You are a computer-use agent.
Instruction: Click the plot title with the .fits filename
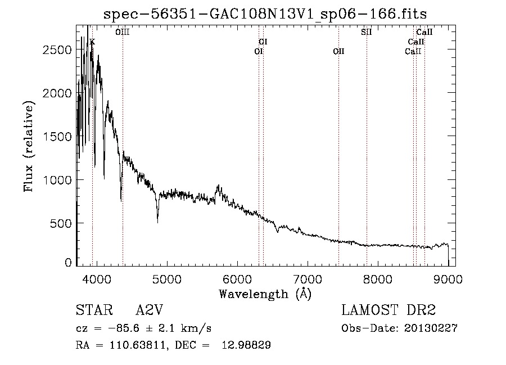tap(265, 14)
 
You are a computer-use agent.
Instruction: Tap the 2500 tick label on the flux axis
tap(57, 49)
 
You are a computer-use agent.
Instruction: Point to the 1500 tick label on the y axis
tap(57, 137)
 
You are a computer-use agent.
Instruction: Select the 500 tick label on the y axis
tap(61, 223)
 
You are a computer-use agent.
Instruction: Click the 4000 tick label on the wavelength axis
tap(97, 280)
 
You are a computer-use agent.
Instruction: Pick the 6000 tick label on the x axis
tap(237, 280)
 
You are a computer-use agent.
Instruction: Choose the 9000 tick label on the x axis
tap(448, 280)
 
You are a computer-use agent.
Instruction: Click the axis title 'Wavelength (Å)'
tap(265, 294)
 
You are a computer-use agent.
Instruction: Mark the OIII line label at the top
tap(123, 32)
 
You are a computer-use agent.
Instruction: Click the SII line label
tap(366, 32)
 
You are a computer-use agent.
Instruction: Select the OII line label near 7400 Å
tap(338, 51)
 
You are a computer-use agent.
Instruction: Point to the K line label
tap(92, 42)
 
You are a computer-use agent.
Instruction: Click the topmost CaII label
tap(424, 32)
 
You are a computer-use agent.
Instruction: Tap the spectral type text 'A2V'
tap(149, 310)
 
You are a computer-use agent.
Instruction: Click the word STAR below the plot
tap(94, 310)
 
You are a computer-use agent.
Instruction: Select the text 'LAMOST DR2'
tap(388, 310)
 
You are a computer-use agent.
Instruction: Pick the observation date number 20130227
tap(431, 328)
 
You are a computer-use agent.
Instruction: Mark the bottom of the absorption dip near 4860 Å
tap(157, 222)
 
